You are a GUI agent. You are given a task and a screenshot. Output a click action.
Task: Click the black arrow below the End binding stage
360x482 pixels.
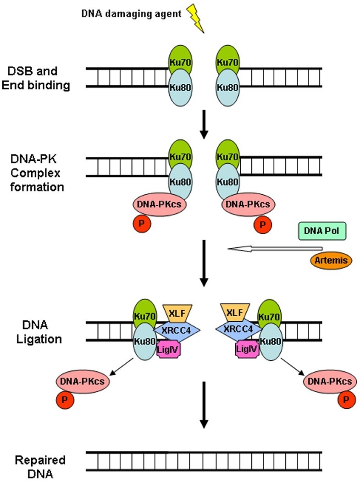coord(205,127)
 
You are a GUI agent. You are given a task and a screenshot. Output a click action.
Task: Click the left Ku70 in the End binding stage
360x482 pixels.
coord(179,62)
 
